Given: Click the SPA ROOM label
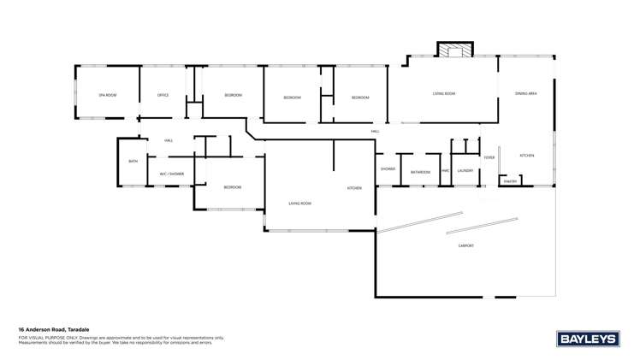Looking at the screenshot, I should point(107,95).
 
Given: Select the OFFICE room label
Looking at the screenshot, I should point(163,95).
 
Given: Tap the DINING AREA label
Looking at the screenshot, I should point(525,93).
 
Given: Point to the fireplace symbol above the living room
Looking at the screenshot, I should point(454,50).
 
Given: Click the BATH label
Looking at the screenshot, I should point(133,162).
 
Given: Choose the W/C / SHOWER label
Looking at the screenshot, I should point(171,174).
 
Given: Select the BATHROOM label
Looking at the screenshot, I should point(420,172).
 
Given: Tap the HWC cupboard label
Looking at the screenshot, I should point(445,172).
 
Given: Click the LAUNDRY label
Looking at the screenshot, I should point(465,171).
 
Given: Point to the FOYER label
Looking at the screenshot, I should point(489,157).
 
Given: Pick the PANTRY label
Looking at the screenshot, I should point(510,180).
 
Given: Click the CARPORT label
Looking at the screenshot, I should point(466,245).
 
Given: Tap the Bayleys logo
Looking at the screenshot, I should point(588,339).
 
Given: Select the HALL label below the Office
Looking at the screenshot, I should point(169,140).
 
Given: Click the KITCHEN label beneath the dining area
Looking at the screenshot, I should point(527,155).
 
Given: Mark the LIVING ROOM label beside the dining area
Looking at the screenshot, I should point(443,93).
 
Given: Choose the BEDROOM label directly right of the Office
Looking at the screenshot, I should point(233,95).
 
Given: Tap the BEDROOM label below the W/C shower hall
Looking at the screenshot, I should point(232,186).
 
